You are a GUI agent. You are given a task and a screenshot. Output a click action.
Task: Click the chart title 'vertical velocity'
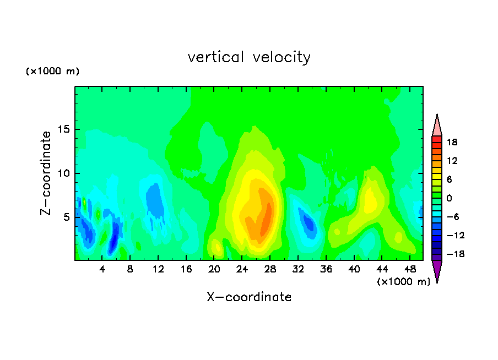click(249, 57)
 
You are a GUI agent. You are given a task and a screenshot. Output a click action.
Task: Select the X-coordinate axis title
click(249, 297)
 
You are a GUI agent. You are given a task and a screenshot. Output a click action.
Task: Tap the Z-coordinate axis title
click(46, 173)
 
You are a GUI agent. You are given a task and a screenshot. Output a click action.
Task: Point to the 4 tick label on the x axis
click(102, 270)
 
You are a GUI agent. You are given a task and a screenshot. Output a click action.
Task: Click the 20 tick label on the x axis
click(214, 270)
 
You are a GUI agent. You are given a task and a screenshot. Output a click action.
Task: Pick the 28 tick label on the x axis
click(270, 270)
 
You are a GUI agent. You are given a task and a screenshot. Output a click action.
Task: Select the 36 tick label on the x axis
click(326, 270)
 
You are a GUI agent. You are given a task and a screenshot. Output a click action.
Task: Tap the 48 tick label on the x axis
click(410, 270)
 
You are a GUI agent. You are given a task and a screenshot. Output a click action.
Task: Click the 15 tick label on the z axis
click(63, 129)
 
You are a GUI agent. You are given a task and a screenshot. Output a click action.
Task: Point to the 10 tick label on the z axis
click(63, 173)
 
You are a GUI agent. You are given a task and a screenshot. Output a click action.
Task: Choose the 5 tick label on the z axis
click(66, 217)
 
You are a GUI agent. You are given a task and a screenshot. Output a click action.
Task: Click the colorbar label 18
click(452, 142)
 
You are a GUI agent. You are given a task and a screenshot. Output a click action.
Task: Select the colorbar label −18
click(456, 254)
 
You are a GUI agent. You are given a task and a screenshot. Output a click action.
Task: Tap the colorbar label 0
click(449, 198)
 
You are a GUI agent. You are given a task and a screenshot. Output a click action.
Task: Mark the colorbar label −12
click(456, 235)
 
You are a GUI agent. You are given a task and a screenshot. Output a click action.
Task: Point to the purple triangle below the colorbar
click(437, 270)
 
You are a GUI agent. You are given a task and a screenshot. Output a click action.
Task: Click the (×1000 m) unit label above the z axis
click(52, 71)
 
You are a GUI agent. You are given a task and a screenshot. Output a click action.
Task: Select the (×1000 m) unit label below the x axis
click(403, 282)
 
